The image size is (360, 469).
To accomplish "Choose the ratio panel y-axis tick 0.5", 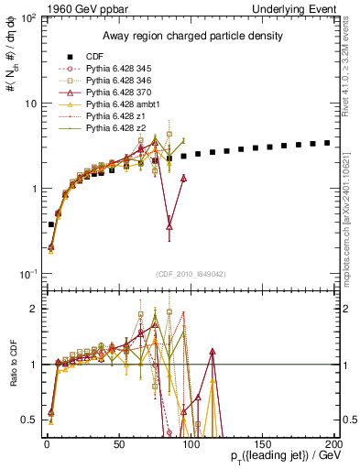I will click(x=30, y=420).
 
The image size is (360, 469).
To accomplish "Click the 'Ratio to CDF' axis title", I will click(x=11, y=364).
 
